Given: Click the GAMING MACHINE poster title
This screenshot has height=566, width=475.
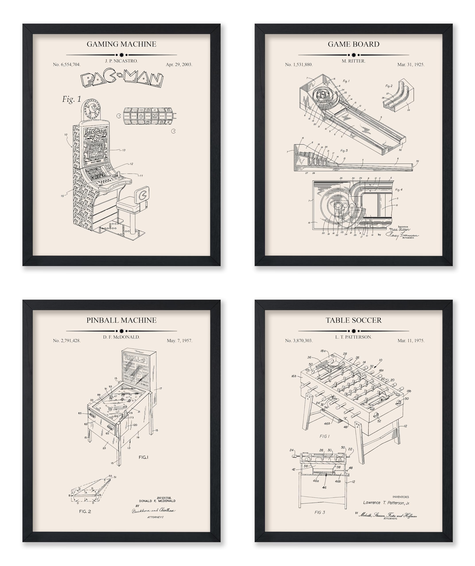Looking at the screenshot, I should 121,44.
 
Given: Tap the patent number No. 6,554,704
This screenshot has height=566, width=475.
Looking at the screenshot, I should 67,65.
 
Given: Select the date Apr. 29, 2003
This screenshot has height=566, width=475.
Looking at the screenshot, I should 179,65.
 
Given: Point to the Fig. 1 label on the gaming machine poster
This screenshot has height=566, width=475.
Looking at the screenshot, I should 72,99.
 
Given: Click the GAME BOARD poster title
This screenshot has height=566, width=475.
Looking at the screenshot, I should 354,44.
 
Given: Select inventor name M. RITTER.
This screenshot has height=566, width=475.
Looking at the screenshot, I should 354,61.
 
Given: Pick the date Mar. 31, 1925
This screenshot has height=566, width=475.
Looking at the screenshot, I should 411,65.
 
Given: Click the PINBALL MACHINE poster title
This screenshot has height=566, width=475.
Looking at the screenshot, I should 121,320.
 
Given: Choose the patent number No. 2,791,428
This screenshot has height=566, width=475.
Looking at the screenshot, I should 67,341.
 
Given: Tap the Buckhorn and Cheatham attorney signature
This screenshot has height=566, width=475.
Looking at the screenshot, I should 153,510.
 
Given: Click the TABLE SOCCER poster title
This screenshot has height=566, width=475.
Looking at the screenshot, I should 354,320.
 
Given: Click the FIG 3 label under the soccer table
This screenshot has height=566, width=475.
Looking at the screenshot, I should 320,512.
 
